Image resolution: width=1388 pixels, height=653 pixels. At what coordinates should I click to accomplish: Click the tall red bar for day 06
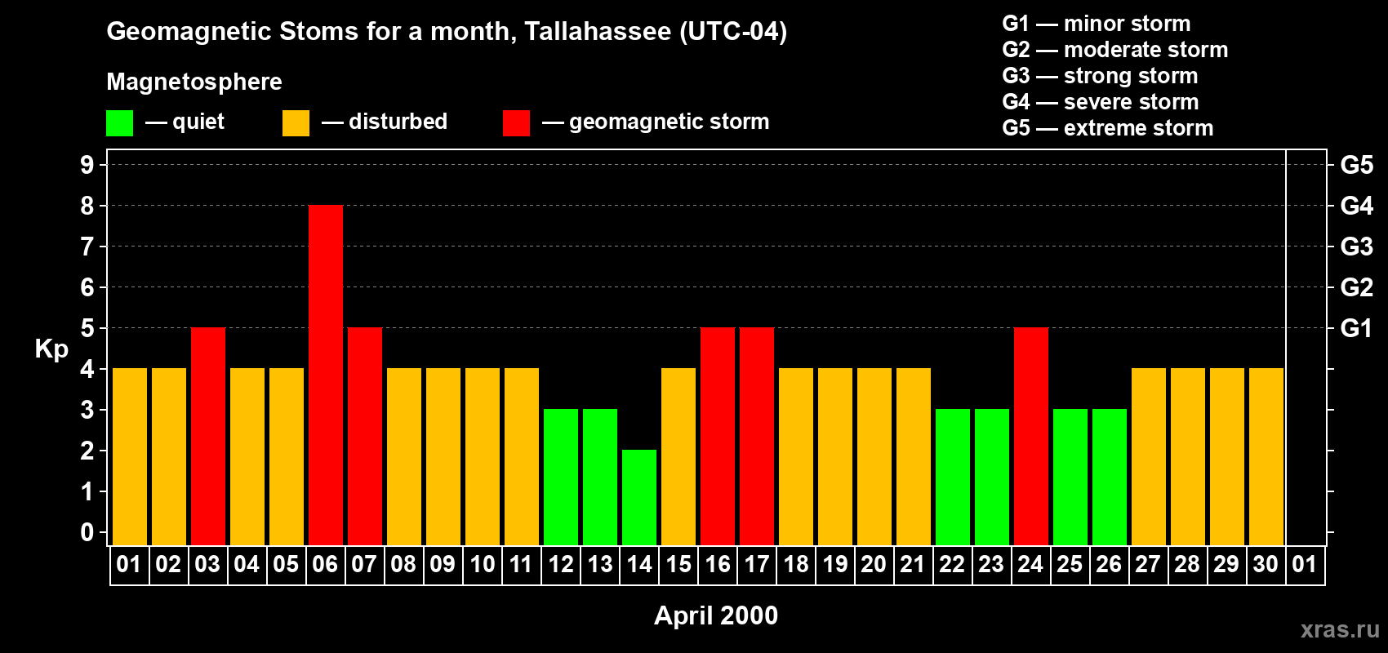326,375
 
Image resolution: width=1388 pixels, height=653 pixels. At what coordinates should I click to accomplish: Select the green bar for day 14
639,497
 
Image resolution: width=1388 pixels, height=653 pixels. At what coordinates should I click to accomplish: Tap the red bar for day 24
1031,436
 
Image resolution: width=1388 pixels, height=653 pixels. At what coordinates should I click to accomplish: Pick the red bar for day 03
208,436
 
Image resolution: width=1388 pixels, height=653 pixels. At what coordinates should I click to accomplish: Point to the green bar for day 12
561,477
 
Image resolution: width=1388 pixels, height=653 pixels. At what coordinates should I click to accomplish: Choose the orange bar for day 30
1266,456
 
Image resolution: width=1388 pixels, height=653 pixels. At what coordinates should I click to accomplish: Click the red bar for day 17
757,436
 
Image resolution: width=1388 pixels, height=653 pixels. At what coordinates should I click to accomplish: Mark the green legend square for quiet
119,123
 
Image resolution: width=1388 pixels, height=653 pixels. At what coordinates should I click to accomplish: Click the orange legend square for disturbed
296,123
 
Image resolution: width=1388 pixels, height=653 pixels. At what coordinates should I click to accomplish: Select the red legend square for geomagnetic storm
516,123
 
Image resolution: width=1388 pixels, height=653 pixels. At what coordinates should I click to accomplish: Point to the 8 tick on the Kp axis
87,206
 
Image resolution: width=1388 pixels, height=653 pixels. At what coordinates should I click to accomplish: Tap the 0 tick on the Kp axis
87,532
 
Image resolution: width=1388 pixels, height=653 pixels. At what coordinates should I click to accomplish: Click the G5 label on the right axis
1356,165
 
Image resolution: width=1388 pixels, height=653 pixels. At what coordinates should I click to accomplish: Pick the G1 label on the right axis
1356,328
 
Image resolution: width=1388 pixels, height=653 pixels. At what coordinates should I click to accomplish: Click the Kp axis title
51,349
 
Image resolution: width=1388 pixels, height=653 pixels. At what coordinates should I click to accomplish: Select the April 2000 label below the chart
716,615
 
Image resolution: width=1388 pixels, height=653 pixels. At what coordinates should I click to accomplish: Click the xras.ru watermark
1340,629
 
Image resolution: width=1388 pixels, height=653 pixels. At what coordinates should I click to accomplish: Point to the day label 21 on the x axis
912,564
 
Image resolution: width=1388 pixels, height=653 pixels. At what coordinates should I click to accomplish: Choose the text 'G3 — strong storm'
1100,76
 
